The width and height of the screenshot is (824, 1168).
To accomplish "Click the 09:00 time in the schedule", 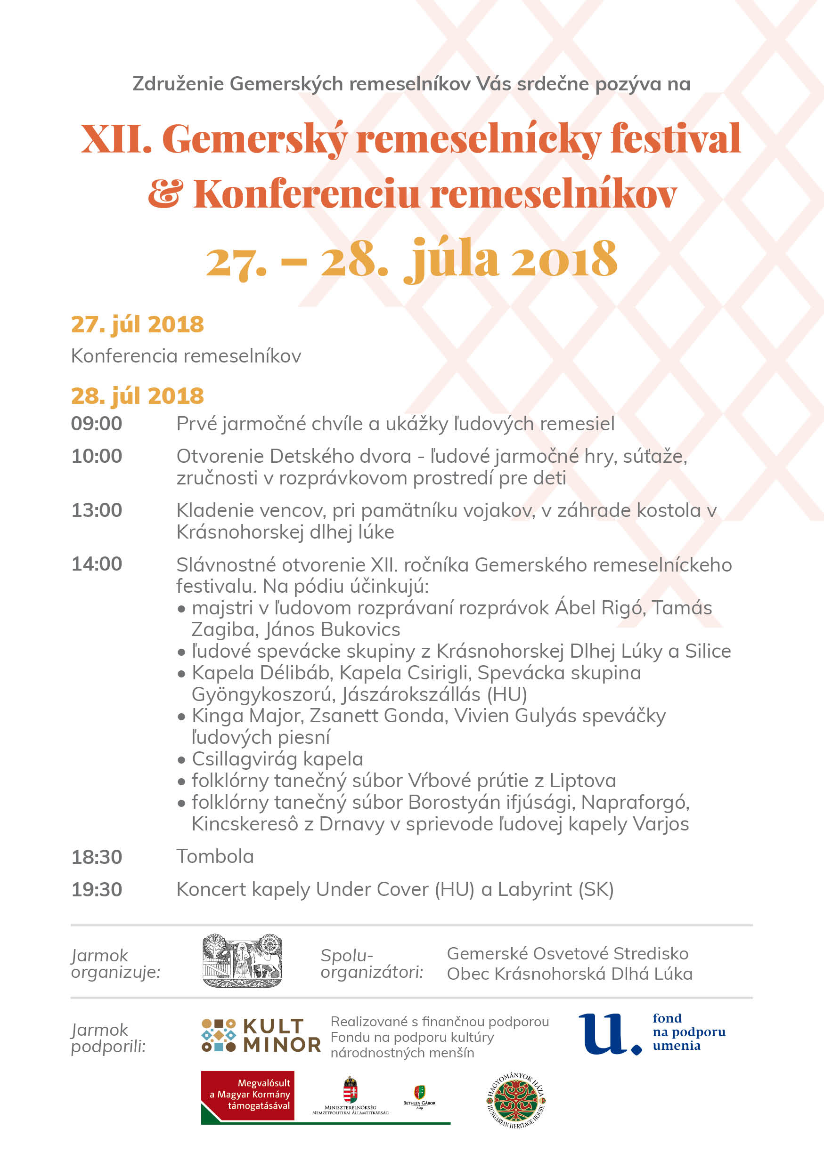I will click(x=96, y=423).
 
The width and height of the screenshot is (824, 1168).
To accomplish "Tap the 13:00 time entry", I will click(x=96, y=510).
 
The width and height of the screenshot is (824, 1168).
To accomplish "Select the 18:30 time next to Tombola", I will click(x=96, y=857).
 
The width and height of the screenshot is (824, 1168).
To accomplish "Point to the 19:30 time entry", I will click(x=96, y=889).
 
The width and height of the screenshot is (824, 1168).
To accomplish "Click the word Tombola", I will click(x=215, y=857).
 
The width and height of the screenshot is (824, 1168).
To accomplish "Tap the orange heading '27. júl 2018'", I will click(x=137, y=324).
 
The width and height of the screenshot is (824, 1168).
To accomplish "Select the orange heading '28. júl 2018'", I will click(x=137, y=395).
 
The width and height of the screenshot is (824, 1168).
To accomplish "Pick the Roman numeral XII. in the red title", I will click(x=116, y=139).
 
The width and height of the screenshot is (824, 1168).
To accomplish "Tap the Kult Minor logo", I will click(x=261, y=1035).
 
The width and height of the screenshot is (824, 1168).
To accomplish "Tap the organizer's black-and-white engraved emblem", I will click(x=242, y=961).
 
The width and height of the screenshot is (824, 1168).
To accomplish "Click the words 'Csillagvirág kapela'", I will click(x=277, y=759).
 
